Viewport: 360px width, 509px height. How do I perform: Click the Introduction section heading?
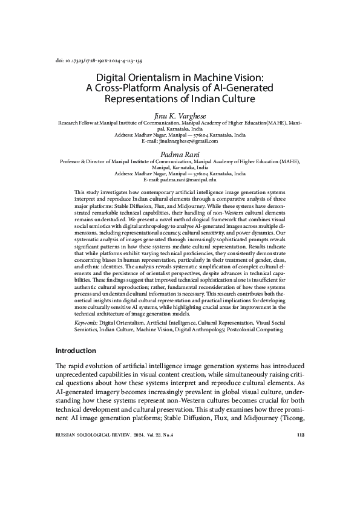(x=76, y=351)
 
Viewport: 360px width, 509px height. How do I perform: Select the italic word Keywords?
(x=85, y=324)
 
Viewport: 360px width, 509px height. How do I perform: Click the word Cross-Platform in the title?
(x=125, y=88)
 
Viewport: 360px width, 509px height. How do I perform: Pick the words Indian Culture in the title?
(x=223, y=98)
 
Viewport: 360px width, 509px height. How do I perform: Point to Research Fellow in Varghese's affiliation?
(x=76, y=122)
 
